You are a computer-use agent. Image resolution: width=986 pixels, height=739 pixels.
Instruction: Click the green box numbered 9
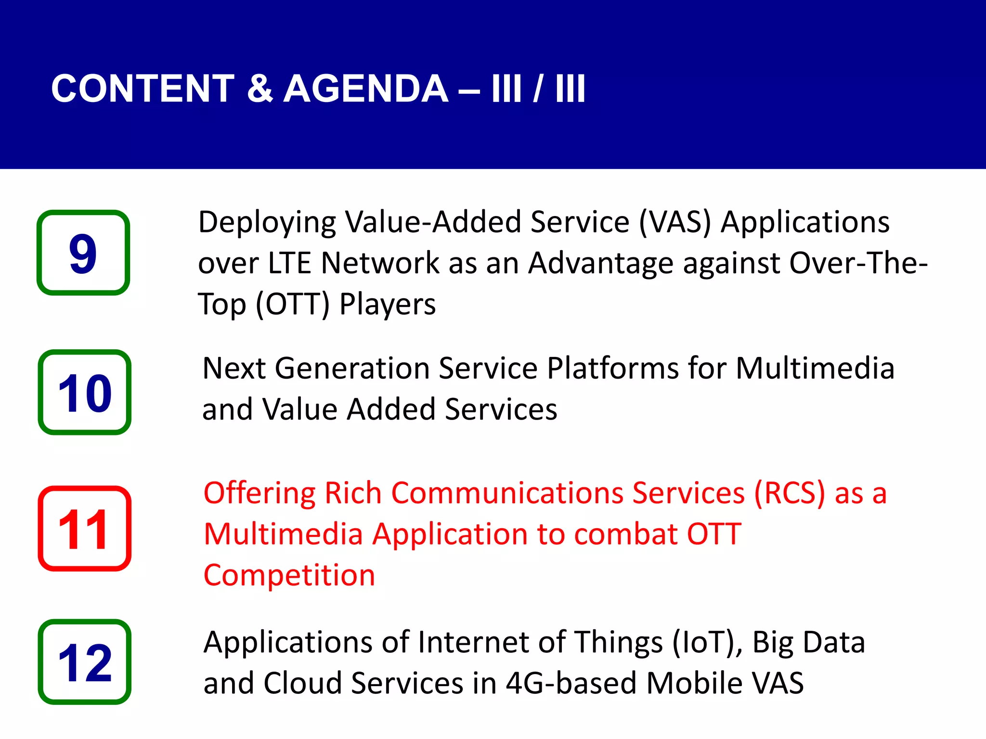tap(83, 253)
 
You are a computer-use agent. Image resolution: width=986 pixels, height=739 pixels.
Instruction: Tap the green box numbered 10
tap(85, 393)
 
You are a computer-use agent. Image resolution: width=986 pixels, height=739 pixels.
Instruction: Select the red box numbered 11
tap(85, 529)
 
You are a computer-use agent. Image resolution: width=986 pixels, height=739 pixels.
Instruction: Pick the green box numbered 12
tap(85, 662)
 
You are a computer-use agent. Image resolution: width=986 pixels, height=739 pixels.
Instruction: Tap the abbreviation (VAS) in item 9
tap(675, 222)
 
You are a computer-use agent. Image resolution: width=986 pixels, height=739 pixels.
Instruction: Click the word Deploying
tap(267, 222)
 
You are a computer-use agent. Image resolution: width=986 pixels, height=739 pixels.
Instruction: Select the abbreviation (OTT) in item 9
tap(293, 305)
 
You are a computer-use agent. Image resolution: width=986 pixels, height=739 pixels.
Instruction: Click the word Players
tap(388, 305)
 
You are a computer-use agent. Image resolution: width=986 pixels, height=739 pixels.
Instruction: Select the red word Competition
tap(289, 575)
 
